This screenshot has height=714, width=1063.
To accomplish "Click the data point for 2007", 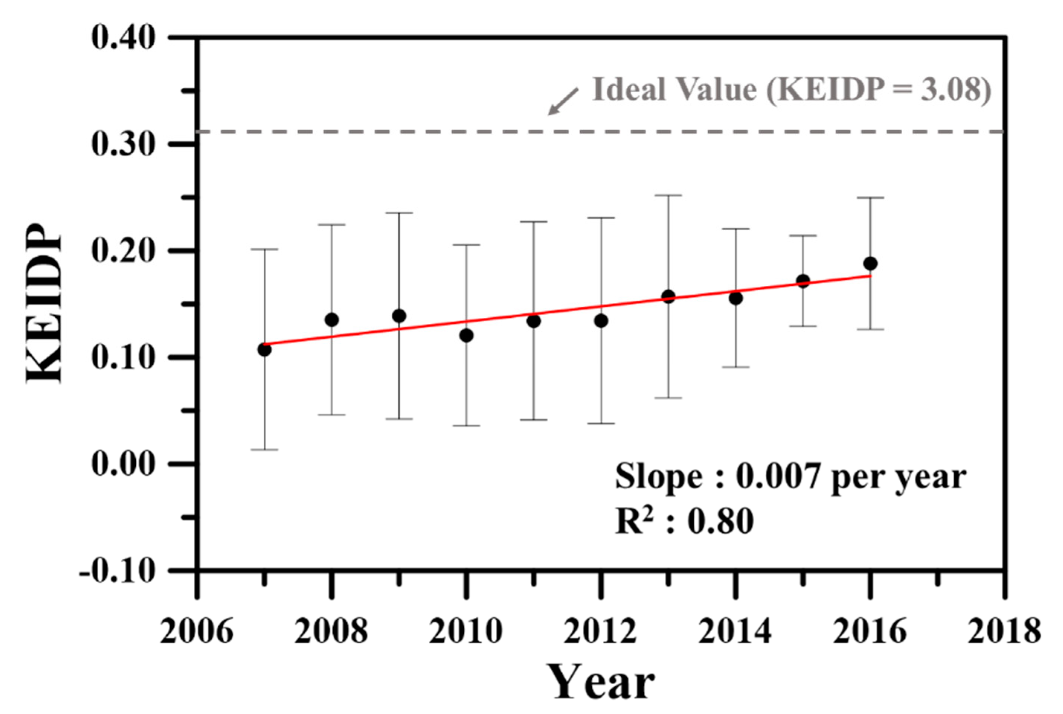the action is tap(264, 350).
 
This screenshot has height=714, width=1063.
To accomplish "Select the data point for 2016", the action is tap(870, 263).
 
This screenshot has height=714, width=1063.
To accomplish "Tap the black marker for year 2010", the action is tap(466, 336).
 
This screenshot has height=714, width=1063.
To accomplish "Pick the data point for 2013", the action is tap(668, 297).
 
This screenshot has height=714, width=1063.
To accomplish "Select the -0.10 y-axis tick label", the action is tap(117, 570).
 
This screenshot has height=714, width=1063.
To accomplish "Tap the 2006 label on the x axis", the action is tap(197, 631).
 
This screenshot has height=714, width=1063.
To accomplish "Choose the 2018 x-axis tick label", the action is tap(1004, 631).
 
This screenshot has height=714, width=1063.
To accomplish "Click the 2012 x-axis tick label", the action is tap(600, 631).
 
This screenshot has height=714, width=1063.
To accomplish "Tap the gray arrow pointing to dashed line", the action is tap(563, 102).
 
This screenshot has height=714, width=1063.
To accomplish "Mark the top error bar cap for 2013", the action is tap(668, 195).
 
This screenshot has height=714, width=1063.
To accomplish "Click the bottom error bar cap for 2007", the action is tap(264, 449).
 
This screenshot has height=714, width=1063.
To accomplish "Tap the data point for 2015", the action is tap(803, 281).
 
